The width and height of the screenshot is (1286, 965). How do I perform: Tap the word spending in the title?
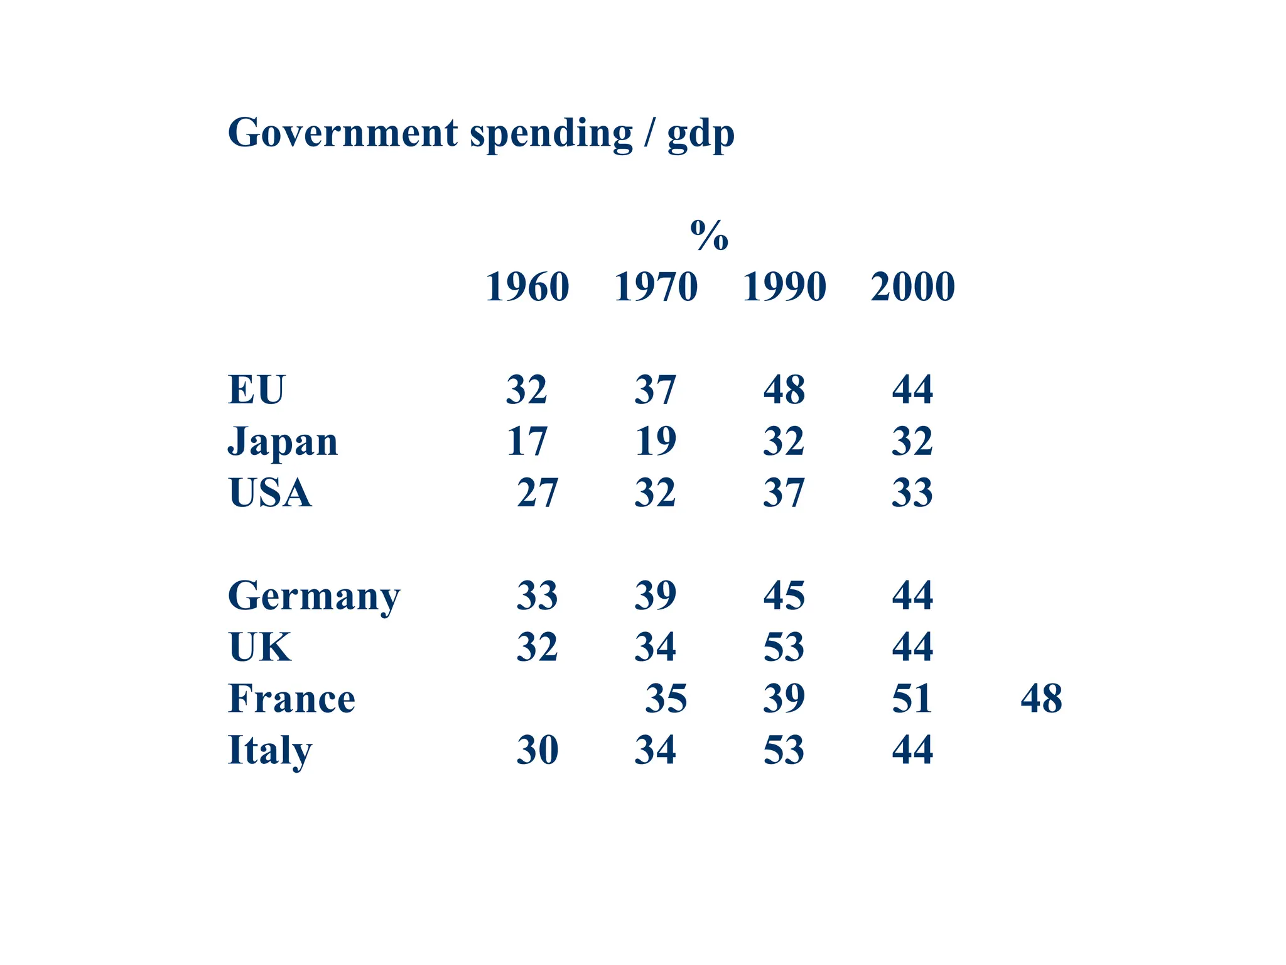coord(551,134)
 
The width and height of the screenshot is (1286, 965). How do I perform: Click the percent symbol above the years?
coord(709,236)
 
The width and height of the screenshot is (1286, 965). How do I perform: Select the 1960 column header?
coord(527,287)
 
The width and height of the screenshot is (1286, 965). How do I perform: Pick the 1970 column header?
coord(656,287)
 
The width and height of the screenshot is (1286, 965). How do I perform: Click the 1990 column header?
coord(784,287)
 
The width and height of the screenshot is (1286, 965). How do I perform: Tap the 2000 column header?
coord(912,287)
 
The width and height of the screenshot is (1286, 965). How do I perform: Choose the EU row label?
coord(256,390)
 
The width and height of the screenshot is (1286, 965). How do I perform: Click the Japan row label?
coord(283,442)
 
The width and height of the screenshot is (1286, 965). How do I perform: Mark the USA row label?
coord(270,493)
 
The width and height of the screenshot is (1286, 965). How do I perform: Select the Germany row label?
coord(313,596)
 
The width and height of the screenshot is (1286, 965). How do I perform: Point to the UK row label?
coord(260,647)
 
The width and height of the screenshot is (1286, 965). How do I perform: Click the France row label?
coord(291,699)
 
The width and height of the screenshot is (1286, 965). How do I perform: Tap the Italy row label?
coord(269,750)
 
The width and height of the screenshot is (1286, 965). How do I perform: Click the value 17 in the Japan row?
coord(527,441)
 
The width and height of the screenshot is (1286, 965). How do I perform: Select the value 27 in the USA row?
coord(538,493)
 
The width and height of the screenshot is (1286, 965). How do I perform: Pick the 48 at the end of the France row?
coord(1041,699)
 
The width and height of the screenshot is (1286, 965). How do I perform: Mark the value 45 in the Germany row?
coord(784,596)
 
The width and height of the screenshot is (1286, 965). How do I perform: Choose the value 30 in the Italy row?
coord(538,750)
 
